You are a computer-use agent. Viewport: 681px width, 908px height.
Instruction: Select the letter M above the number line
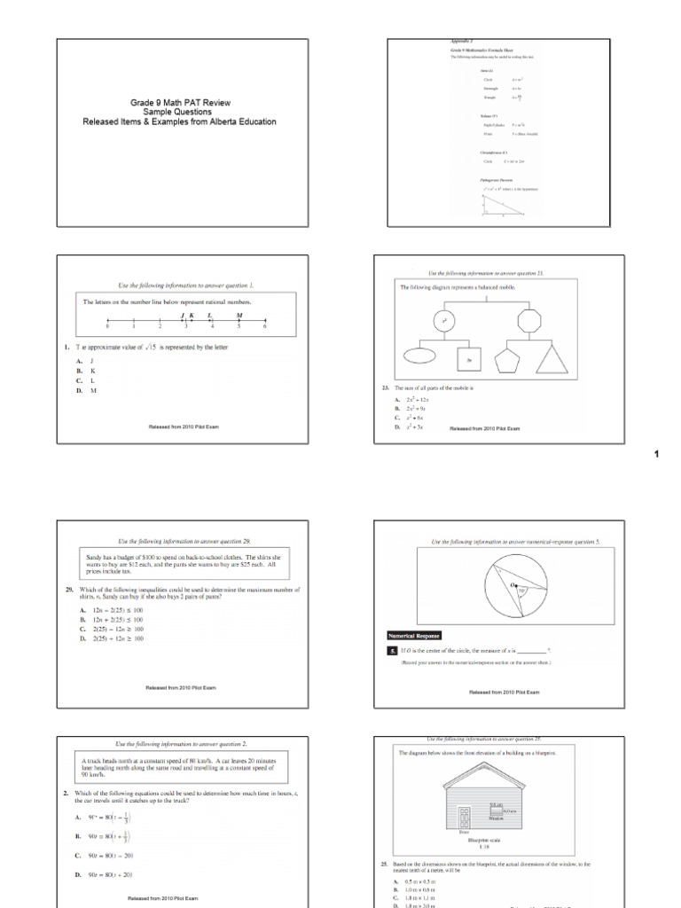click(x=239, y=315)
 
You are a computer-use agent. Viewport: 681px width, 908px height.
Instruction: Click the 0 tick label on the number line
click(x=107, y=327)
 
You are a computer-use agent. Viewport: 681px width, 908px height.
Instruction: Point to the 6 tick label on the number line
click(x=265, y=327)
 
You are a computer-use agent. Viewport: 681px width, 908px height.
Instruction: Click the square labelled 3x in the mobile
click(x=469, y=357)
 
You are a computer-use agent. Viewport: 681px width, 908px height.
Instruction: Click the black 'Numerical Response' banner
click(x=414, y=635)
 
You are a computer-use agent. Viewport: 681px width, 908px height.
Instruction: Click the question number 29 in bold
click(x=69, y=589)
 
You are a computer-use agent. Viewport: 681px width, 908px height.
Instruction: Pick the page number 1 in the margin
click(x=657, y=454)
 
